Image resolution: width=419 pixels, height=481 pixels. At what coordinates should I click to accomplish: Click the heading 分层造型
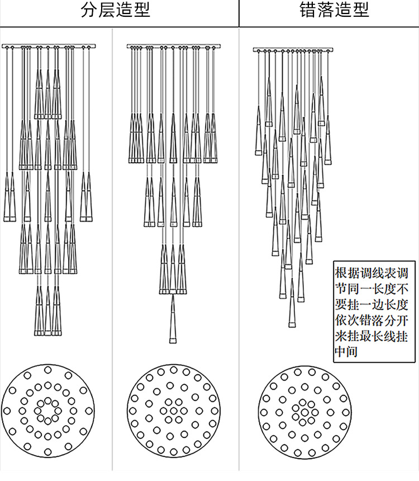(x=116, y=11)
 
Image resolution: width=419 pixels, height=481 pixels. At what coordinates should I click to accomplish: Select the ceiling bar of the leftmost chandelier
(x=49, y=46)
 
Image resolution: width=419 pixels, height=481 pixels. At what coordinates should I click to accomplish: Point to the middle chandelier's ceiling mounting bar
(x=174, y=46)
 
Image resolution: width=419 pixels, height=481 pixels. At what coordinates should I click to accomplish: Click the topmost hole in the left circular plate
(x=47, y=370)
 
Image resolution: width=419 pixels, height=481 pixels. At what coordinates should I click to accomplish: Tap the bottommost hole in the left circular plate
(x=47, y=451)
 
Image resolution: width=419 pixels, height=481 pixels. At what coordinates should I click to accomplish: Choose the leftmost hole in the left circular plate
(x=7, y=411)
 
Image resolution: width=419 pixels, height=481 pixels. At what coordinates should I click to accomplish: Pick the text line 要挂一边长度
(x=372, y=306)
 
